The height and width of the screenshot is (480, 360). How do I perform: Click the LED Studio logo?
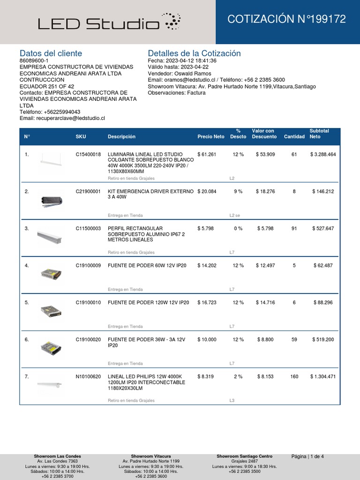coord(109,22)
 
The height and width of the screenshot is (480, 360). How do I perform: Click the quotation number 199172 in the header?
coord(286,19)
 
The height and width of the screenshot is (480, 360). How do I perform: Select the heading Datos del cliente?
coord(51,53)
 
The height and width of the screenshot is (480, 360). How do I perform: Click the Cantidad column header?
coord(294,137)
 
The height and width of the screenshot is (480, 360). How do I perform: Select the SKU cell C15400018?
coord(88,154)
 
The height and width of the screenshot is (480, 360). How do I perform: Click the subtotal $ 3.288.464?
coord(323,154)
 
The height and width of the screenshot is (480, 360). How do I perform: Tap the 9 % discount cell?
coord(238,191)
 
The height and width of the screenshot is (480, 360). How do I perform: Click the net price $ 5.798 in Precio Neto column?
coord(207,228)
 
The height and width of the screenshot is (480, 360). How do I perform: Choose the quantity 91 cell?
coord(294,228)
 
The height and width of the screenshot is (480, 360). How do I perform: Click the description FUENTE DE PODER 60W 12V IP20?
coord(147,265)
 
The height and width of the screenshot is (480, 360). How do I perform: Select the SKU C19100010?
coord(88,302)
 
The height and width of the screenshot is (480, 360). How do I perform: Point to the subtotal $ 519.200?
coord(323,339)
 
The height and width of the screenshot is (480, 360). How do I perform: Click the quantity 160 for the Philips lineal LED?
coord(294,376)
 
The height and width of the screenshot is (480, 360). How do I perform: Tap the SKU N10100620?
coord(88,376)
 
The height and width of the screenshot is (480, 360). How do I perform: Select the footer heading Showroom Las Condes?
coord(57,456)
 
